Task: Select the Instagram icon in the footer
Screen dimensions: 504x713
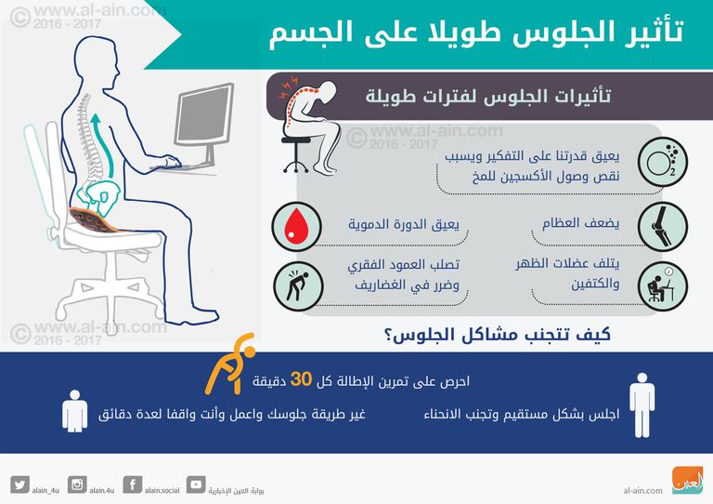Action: point(78,484)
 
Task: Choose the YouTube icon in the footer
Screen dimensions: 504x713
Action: point(196,484)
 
